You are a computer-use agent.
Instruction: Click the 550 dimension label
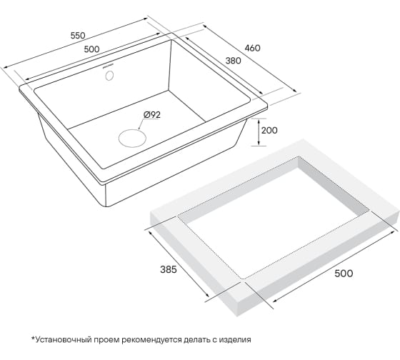[x=78, y=36]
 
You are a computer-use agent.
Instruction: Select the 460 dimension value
[x=252, y=48]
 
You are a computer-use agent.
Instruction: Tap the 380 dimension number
[x=233, y=61]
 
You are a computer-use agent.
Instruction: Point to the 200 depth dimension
[x=269, y=131]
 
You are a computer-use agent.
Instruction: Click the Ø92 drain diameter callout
[x=152, y=115]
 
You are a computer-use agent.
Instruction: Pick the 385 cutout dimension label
[x=168, y=269]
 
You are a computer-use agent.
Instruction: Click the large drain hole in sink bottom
[x=132, y=138]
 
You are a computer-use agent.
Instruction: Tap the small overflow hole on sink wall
[x=110, y=75]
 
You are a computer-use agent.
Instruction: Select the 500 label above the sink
[x=91, y=49]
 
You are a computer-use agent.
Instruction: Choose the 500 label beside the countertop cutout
[x=344, y=274]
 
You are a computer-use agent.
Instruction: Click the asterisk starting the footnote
[x=33, y=339]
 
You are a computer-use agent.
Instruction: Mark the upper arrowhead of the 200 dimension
[x=259, y=121]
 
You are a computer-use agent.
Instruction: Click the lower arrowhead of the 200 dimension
[x=259, y=144]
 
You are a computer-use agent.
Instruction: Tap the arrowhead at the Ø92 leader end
[x=139, y=128]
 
